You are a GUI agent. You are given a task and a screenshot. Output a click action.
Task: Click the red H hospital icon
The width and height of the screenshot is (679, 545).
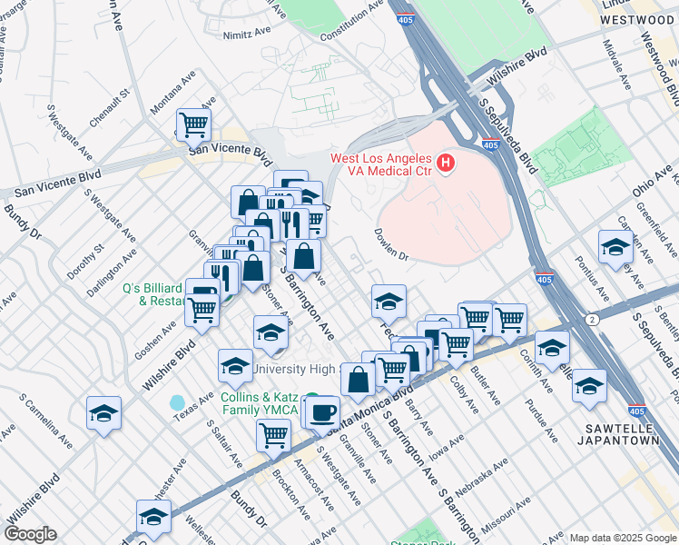(446, 163)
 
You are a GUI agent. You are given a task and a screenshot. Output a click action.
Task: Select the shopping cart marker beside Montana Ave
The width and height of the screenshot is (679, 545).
(193, 124)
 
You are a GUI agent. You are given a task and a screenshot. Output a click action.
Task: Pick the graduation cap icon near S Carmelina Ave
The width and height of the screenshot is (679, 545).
(104, 412)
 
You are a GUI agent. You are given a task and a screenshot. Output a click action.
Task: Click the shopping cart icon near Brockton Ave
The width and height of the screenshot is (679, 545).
(273, 434)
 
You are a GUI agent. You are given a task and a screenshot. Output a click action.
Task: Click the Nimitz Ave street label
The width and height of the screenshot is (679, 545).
(248, 35)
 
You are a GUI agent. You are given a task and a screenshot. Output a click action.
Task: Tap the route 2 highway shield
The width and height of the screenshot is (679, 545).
(591, 320)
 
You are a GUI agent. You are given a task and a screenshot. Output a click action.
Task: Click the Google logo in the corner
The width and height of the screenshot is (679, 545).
(31, 534)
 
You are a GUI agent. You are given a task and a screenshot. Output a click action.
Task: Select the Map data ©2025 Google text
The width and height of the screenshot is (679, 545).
(622, 538)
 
